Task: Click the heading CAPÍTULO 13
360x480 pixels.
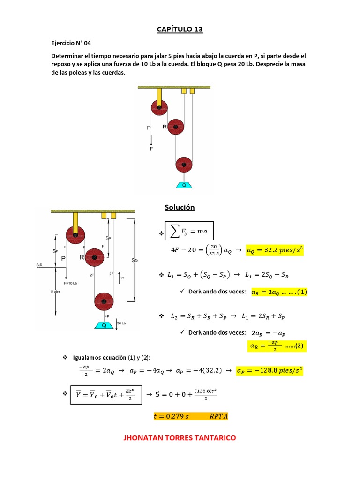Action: tap(180, 30)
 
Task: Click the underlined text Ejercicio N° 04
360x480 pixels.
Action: tap(71, 42)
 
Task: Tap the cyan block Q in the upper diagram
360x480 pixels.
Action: tap(184, 185)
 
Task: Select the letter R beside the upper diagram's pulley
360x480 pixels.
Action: tap(165, 126)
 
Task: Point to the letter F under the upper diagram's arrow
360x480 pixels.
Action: tap(151, 149)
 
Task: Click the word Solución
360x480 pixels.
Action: tap(180, 207)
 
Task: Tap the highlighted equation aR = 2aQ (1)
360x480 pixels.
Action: tap(279, 292)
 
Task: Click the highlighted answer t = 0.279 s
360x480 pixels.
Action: tap(191, 416)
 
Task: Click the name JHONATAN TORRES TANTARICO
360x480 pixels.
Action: tap(180, 438)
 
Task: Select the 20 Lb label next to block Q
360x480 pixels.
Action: tap(121, 323)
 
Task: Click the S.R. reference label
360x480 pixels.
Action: tap(41, 265)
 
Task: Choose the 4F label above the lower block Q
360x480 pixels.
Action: tap(107, 316)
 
